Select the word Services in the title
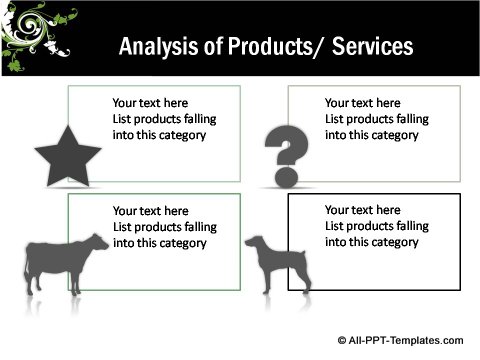pyautogui.click(x=370, y=47)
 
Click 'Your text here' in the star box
pyautogui.click(x=150, y=103)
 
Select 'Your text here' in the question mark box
pyautogui.click(x=362, y=103)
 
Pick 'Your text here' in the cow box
pyautogui.click(x=150, y=211)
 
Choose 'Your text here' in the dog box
pyautogui.click(x=362, y=211)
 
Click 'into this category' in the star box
pyautogui.click(x=159, y=135)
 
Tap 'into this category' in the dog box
pyautogui.click(x=371, y=242)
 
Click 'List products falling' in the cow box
pyautogui.click(x=164, y=227)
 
